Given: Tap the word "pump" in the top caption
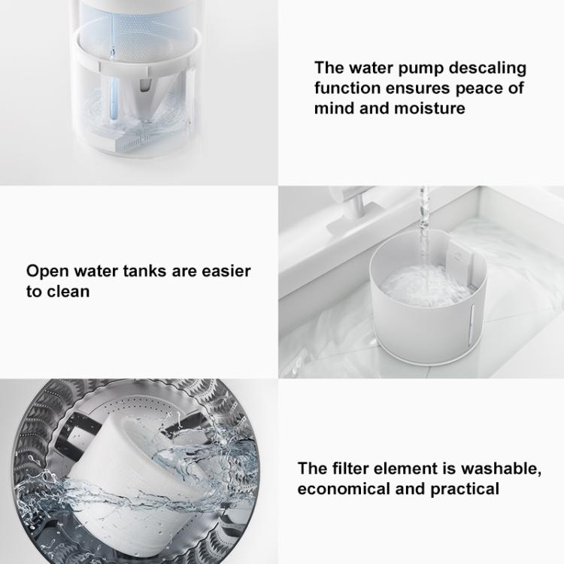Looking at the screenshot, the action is point(420,68).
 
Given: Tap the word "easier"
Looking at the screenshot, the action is point(226,271).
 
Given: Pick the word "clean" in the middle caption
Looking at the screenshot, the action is point(68,291).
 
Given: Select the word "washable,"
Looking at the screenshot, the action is point(501,469).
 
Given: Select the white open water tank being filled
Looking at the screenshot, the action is point(429,299).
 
